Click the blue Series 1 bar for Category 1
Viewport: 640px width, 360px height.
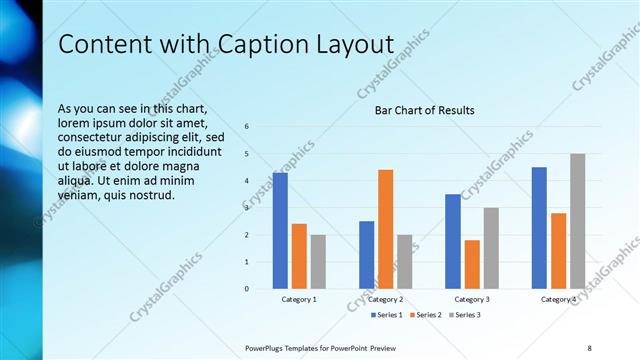coord(280,231)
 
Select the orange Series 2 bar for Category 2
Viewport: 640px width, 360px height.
coord(385,230)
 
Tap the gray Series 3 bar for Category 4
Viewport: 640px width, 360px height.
coord(577,221)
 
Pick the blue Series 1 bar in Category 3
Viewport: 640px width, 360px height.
coord(453,241)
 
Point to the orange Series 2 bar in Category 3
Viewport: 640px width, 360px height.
coord(472,264)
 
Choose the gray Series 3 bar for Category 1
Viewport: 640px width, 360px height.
coord(318,262)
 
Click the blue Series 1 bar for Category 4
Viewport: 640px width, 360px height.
coord(539,228)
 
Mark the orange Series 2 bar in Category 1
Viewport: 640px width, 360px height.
coord(299,256)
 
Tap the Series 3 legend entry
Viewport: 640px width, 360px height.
coord(466,315)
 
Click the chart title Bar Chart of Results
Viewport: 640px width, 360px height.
coord(424,110)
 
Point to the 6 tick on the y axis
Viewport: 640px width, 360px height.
coord(246,127)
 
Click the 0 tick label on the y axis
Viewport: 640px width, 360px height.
coord(246,289)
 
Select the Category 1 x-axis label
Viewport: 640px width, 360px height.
coord(299,299)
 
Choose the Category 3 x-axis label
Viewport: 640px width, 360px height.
coord(472,299)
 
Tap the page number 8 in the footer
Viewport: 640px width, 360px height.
coord(589,346)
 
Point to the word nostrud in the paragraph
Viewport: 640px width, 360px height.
coord(154,194)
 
